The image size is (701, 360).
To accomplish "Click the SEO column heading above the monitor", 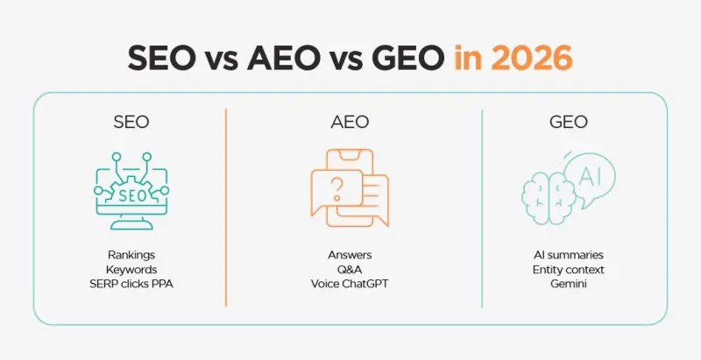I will click(131, 122).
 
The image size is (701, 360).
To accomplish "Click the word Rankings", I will click(131, 255).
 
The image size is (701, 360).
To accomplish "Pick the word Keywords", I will click(131, 270).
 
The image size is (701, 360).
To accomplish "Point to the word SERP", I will click(108, 285).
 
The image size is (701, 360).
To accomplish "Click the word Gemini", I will click(568, 285).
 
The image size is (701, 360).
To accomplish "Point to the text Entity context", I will click(568, 270).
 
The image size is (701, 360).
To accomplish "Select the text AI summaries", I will click(568, 255).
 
